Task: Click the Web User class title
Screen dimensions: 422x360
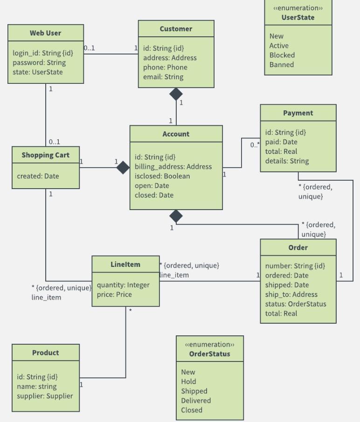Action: coord(45,33)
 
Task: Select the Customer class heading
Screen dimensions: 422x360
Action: coord(176,29)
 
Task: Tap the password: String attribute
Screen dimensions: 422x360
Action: coord(39,62)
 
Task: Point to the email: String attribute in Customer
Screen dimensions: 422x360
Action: coord(163,77)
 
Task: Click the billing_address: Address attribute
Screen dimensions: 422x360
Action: coord(173,167)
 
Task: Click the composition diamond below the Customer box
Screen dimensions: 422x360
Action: coord(176,94)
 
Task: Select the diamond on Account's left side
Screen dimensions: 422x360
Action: coord(123,168)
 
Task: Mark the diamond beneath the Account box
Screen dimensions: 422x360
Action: coord(176,216)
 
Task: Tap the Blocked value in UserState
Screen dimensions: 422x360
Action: coord(282,55)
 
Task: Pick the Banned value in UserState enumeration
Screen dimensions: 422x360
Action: coord(281,65)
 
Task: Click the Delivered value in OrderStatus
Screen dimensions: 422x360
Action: coord(196,401)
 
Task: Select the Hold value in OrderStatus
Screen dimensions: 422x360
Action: coord(188,381)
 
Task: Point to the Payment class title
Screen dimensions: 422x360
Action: coord(298,113)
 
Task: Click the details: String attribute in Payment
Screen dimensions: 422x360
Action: coord(287,161)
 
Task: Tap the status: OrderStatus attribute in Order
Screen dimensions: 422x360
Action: coord(296,304)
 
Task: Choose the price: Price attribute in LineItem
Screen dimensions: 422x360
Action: coord(114,294)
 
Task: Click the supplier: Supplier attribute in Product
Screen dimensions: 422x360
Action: coord(45,396)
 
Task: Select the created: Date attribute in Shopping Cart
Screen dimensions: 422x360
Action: coord(38,176)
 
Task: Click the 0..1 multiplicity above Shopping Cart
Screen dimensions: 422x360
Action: coord(54,142)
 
